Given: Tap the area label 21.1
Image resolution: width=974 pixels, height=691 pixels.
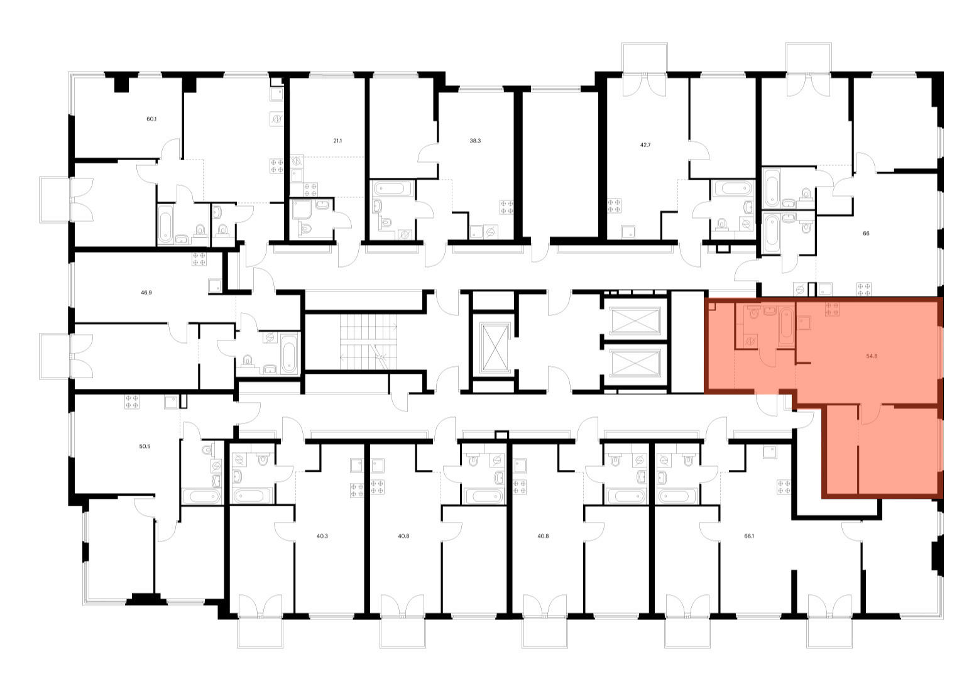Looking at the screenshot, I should pos(337,141).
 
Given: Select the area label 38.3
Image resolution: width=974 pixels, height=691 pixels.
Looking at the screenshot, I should pos(475,141).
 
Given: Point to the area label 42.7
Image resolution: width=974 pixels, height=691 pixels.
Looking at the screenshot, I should pos(643,144).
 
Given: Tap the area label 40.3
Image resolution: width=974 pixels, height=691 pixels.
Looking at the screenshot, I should pos(322,536).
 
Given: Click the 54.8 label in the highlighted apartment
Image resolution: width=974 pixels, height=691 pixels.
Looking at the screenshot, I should pos(872,356).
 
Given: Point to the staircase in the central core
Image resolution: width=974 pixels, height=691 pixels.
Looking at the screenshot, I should pos(368,342).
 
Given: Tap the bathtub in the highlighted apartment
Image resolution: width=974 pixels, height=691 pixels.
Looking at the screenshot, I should pos(786,327).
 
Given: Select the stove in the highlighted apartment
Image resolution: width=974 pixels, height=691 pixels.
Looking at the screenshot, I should pos(833,308).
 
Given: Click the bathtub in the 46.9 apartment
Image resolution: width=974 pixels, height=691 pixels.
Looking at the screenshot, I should pos(289,354).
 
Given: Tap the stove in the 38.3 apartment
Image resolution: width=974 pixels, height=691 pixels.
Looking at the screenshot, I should pos(507,207).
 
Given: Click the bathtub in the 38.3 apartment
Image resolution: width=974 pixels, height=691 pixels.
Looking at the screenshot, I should pos(392,188).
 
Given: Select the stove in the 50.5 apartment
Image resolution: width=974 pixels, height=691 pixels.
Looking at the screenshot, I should pos(132,401).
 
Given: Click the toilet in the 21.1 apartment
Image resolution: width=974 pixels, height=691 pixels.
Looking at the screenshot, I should pos(305,230).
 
